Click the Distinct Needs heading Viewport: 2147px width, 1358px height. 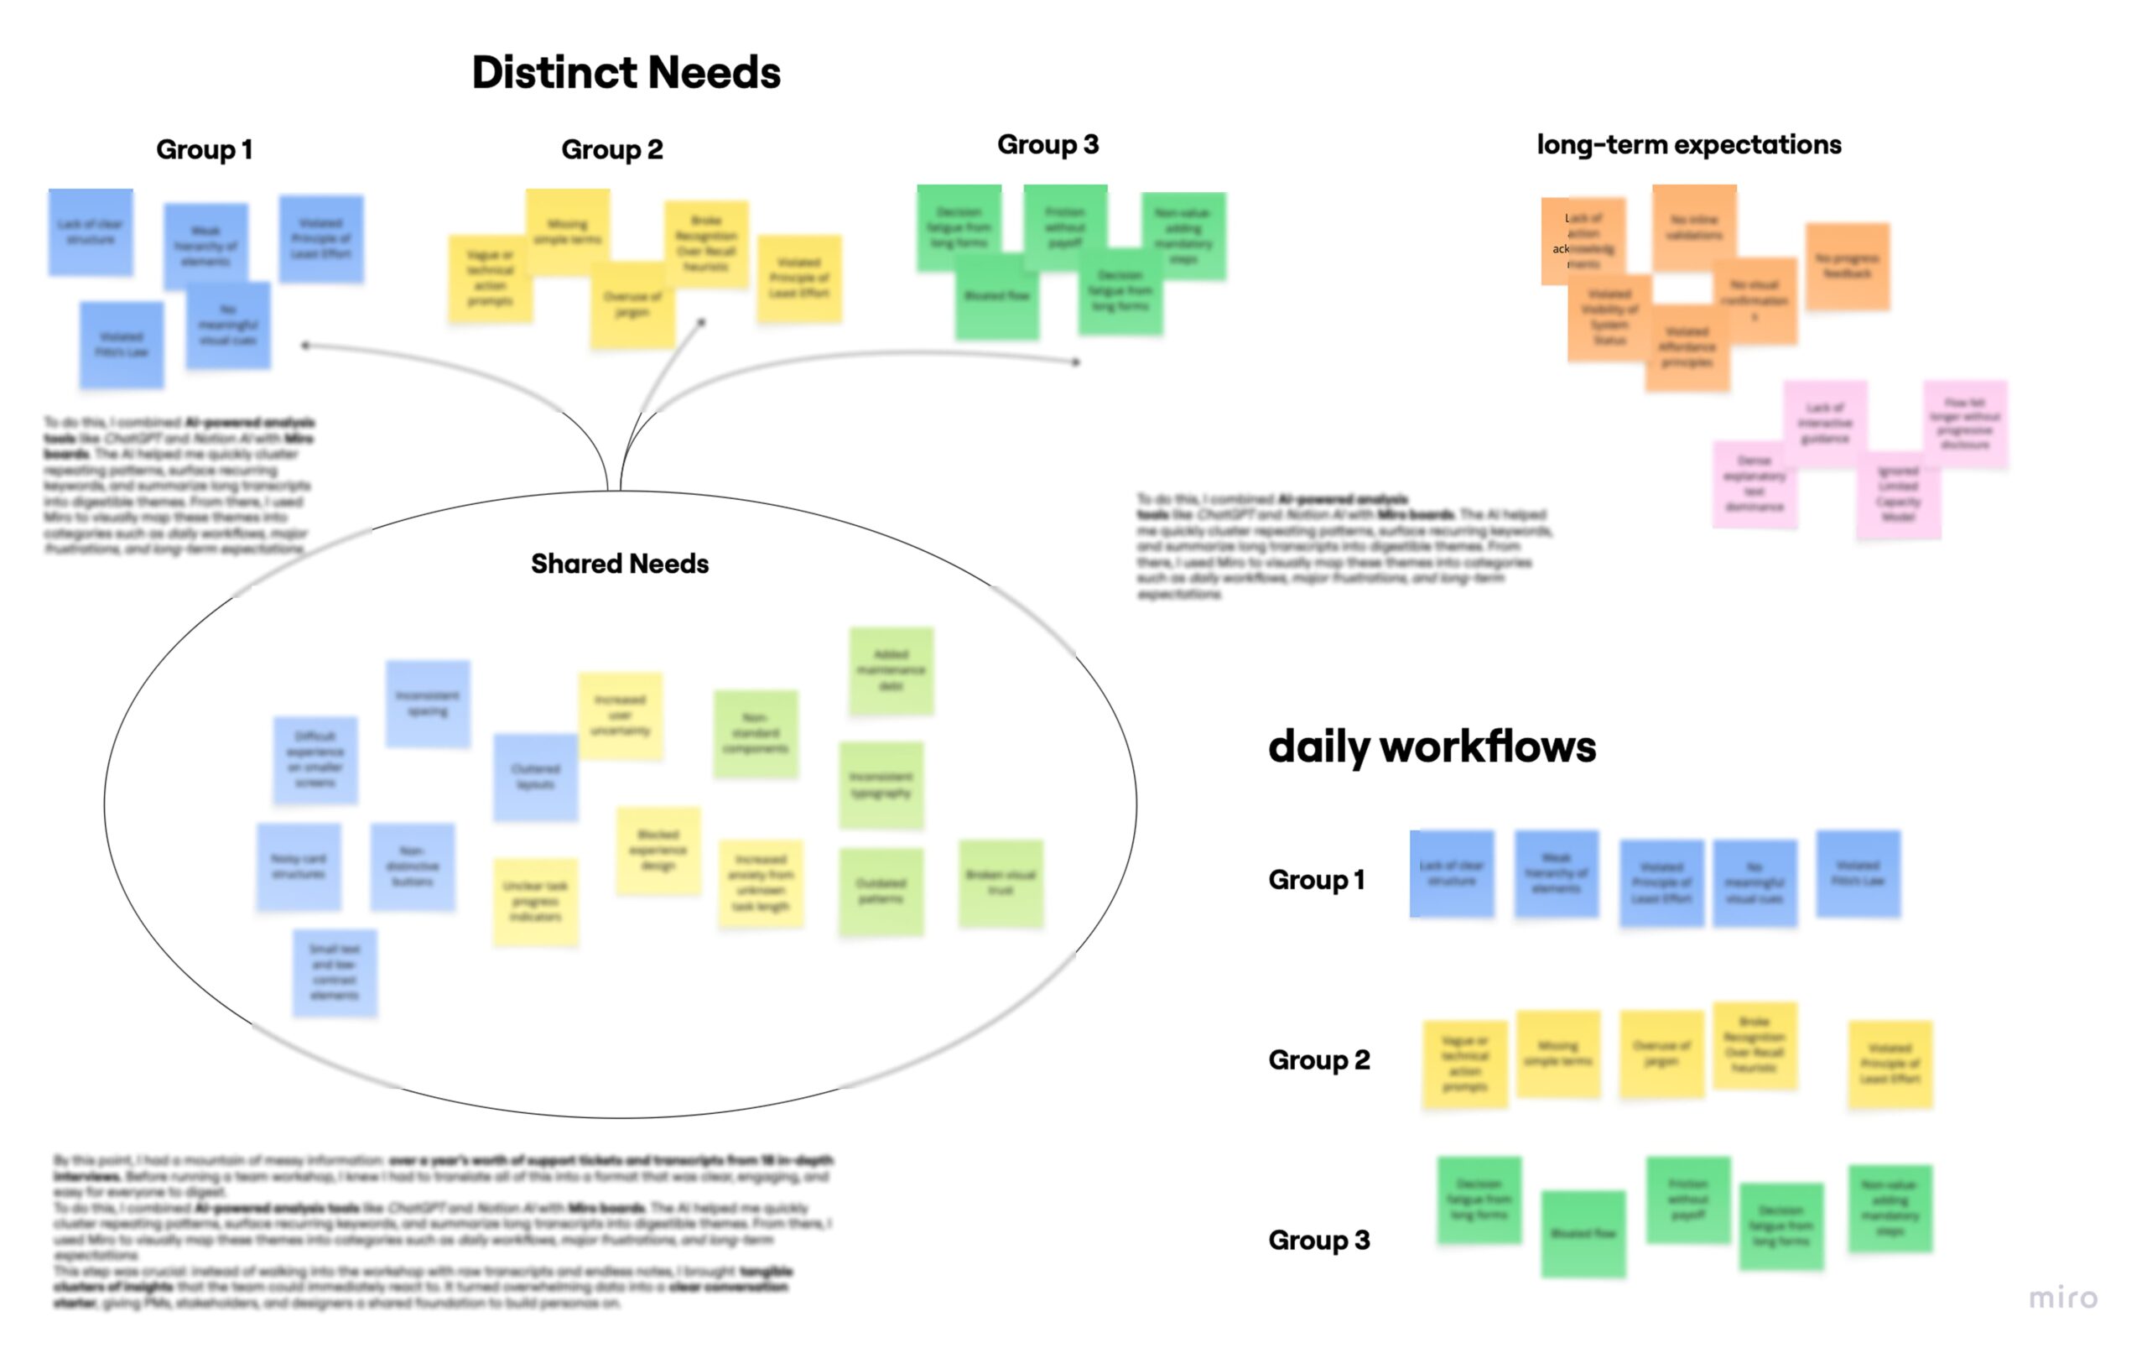[626, 72]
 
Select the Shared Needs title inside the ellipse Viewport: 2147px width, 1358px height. [620, 564]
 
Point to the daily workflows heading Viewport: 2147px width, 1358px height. [1432, 747]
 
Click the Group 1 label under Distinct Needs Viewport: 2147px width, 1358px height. [204, 149]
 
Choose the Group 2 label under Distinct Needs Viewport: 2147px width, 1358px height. [611, 149]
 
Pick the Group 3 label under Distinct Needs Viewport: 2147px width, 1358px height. [1048, 144]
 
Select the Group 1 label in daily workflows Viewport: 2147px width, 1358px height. [1316, 880]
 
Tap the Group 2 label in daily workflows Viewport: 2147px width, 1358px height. [1318, 1060]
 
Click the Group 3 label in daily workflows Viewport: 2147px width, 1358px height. [1318, 1241]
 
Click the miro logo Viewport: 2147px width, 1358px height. [2063, 1298]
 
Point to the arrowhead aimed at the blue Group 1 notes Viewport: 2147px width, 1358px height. [306, 345]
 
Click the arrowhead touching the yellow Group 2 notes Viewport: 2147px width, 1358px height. [702, 322]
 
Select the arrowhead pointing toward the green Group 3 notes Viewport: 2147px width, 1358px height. [1076, 362]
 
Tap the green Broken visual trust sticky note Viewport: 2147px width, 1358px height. [1001, 882]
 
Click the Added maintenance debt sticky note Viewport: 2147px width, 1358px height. [891, 670]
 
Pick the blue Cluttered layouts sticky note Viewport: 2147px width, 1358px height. [535, 777]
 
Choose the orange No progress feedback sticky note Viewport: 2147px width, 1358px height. [1848, 266]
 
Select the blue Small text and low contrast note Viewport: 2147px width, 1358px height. [335, 972]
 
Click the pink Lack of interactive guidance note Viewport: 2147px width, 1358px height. [1825, 424]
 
